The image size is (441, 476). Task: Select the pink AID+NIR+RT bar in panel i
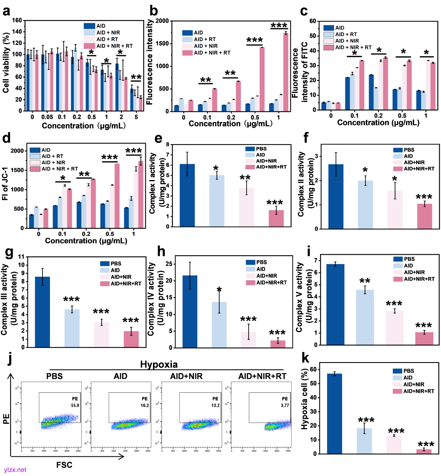(x=424, y=339)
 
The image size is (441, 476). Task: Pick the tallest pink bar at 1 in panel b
(x=286, y=72)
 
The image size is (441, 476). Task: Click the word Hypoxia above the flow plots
(x=159, y=365)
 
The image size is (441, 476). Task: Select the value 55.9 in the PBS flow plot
(x=75, y=405)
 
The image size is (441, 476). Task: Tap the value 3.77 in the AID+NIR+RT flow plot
(x=285, y=405)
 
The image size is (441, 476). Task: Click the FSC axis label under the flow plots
(x=64, y=465)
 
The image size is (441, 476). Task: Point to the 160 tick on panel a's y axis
(x=17, y=20)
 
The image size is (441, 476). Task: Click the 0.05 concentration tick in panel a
(x=47, y=117)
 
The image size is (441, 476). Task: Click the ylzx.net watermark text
(x=15, y=470)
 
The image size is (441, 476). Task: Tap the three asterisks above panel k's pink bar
(x=425, y=445)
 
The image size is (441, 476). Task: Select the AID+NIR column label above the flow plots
(x=186, y=376)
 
